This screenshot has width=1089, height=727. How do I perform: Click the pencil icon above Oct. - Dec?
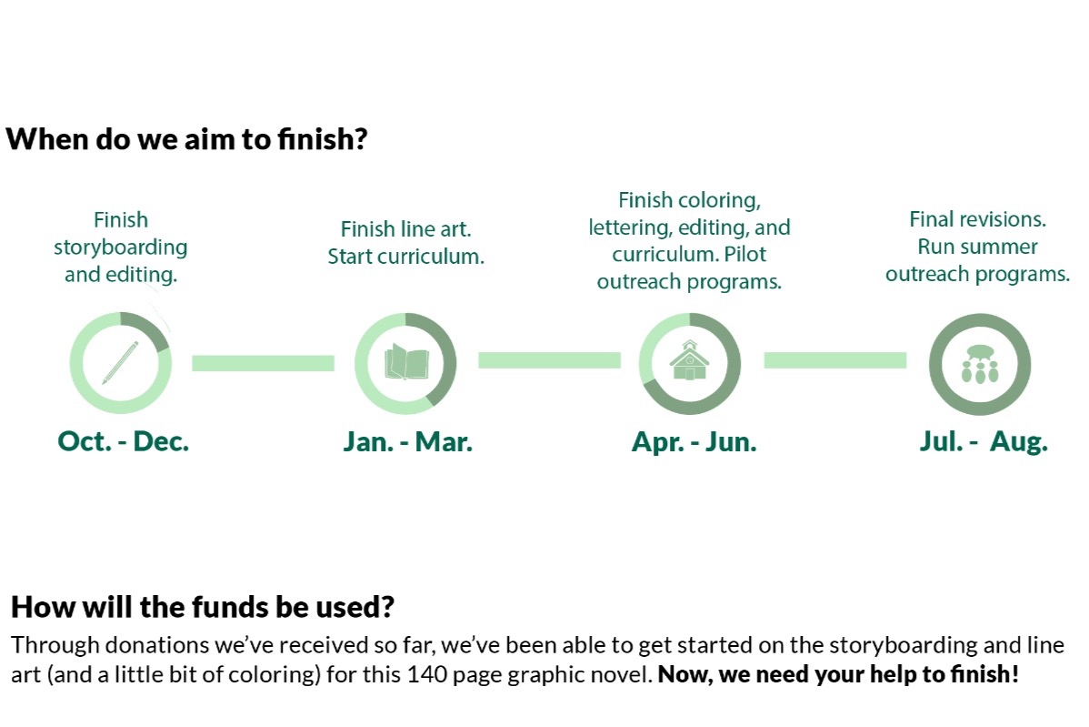click(x=120, y=363)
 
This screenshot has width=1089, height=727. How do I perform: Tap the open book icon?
click(x=406, y=361)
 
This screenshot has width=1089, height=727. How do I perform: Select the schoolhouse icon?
click(x=690, y=360)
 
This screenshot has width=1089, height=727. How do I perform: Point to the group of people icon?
click(x=980, y=364)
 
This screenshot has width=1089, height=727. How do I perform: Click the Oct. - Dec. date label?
click(x=123, y=441)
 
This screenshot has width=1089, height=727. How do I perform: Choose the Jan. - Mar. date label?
click(x=407, y=442)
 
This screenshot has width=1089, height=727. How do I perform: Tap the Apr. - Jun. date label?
click(x=694, y=442)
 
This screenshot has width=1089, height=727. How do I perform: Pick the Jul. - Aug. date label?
click(x=984, y=441)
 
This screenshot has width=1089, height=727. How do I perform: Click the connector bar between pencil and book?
click(x=264, y=363)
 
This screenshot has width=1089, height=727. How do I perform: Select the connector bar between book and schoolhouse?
click(x=549, y=360)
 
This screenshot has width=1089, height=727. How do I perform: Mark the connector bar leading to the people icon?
click(x=834, y=360)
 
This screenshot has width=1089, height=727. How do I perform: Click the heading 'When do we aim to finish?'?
click(x=187, y=139)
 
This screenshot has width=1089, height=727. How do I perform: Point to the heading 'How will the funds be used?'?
click(x=203, y=607)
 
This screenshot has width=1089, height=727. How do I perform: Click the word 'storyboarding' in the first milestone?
click(x=121, y=247)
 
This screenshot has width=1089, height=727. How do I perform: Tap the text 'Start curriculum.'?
click(x=406, y=257)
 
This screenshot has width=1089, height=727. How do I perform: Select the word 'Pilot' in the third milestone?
click(x=745, y=255)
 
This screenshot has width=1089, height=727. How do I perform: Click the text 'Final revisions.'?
click(x=978, y=219)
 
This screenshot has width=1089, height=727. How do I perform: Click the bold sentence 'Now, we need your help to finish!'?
click(x=838, y=674)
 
